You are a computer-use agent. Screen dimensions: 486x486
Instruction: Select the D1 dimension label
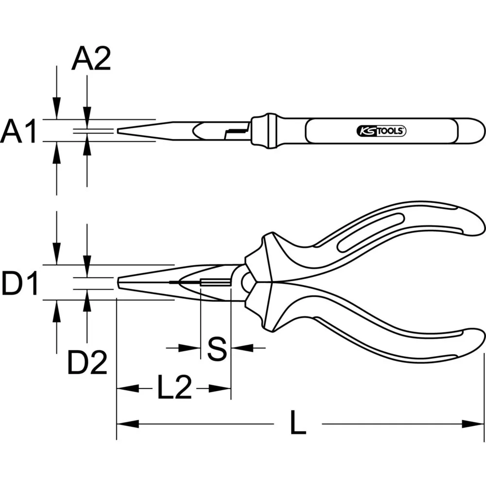click(x=19, y=284)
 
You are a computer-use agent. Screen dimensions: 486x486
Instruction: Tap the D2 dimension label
click(x=87, y=363)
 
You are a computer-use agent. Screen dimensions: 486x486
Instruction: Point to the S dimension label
click(x=216, y=348)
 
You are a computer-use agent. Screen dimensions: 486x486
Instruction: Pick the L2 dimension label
click(x=174, y=388)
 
